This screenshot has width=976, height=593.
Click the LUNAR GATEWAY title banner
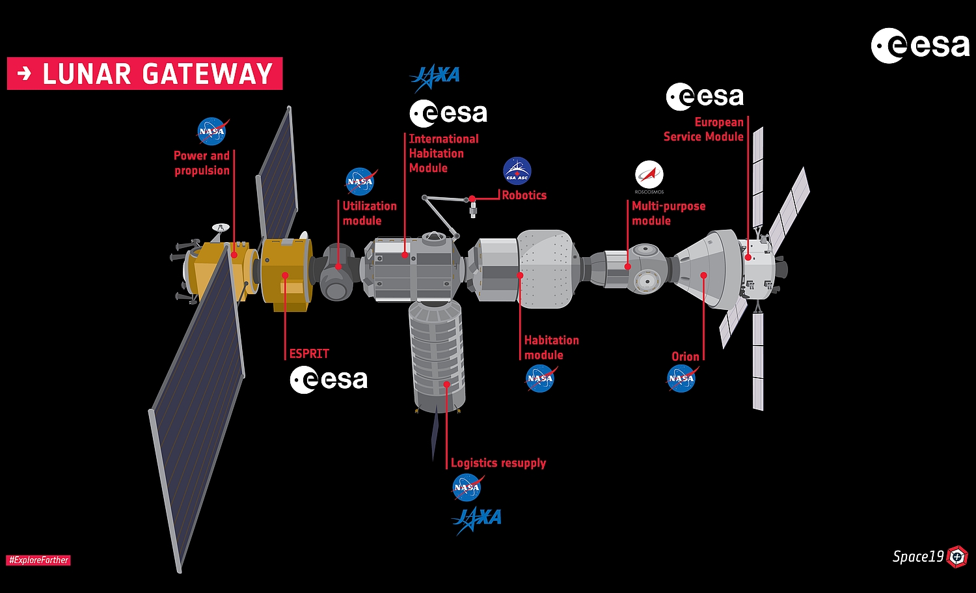[x=144, y=74]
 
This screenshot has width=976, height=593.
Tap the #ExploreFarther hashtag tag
[x=38, y=560]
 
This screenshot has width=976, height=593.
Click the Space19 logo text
[x=917, y=557]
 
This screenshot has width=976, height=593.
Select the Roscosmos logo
[x=649, y=176]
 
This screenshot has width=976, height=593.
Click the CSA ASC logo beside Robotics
[x=517, y=171]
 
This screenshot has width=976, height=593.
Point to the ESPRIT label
[x=309, y=353]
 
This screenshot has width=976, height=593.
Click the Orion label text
[x=685, y=357]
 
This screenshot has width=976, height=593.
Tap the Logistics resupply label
[x=498, y=463]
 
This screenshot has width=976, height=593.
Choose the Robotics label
[x=524, y=195]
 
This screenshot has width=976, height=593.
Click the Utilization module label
[x=370, y=214]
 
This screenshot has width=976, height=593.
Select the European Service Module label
[x=703, y=130]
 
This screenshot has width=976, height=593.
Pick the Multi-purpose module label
[x=668, y=214]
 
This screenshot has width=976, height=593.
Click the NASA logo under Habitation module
[x=540, y=378]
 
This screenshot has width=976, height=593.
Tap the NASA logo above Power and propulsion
[x=212, y=131]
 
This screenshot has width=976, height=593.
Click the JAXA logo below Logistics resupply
[x=477, y=519]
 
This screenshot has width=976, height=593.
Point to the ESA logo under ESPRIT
[x=329, y=380]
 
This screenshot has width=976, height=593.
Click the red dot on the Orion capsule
[x=703, y=275]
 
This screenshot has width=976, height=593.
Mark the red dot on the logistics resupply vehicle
[x=446, y=384]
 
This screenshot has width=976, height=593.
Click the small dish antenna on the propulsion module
[x=221, y=227]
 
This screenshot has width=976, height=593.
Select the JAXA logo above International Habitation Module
[x=435, y=77]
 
